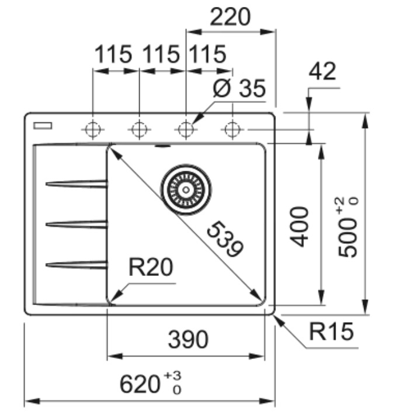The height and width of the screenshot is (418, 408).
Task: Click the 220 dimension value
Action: pos(230,17)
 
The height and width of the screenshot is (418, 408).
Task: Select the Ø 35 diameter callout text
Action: pos(239,88)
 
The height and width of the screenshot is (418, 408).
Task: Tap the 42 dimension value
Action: pos(322,71)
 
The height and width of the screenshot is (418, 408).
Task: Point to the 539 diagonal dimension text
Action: pos(224,239)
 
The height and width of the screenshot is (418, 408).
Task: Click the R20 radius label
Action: pos(151,267)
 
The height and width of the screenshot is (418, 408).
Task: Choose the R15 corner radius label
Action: pos(331,331)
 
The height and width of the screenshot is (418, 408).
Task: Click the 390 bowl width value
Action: pos(188,339)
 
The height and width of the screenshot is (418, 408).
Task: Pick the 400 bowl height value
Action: pos(299,227)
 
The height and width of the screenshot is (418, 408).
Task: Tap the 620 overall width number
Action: pos(139,385)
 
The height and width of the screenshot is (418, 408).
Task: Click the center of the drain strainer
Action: pos(186,190)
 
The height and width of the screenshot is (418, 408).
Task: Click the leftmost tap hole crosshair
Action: pos(93,130)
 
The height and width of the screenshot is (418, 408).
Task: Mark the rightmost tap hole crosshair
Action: pos(233,130)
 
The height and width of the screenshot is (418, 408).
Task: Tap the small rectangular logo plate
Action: pos(43,126)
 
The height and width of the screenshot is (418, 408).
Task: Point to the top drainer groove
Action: pos(77,184)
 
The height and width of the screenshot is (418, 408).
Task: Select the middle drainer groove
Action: pos(77,224)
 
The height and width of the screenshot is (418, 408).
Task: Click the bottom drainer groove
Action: pos(77,265)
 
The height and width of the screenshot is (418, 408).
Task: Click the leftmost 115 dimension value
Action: pos(113,54)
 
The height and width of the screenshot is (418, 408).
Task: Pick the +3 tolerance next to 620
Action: pos(172,375)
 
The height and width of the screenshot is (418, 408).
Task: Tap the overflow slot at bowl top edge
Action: pos(162,146)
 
